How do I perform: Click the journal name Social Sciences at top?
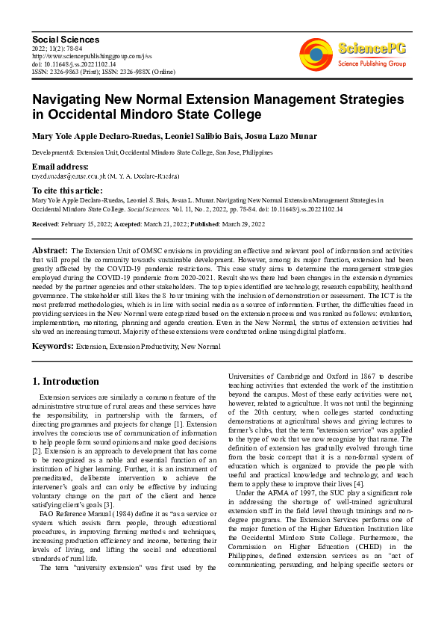(66, 39)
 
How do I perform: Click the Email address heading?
(60, 166)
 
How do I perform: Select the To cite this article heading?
(68, 191)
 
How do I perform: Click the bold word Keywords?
(52, 347)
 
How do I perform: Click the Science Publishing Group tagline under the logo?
(372, 63)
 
